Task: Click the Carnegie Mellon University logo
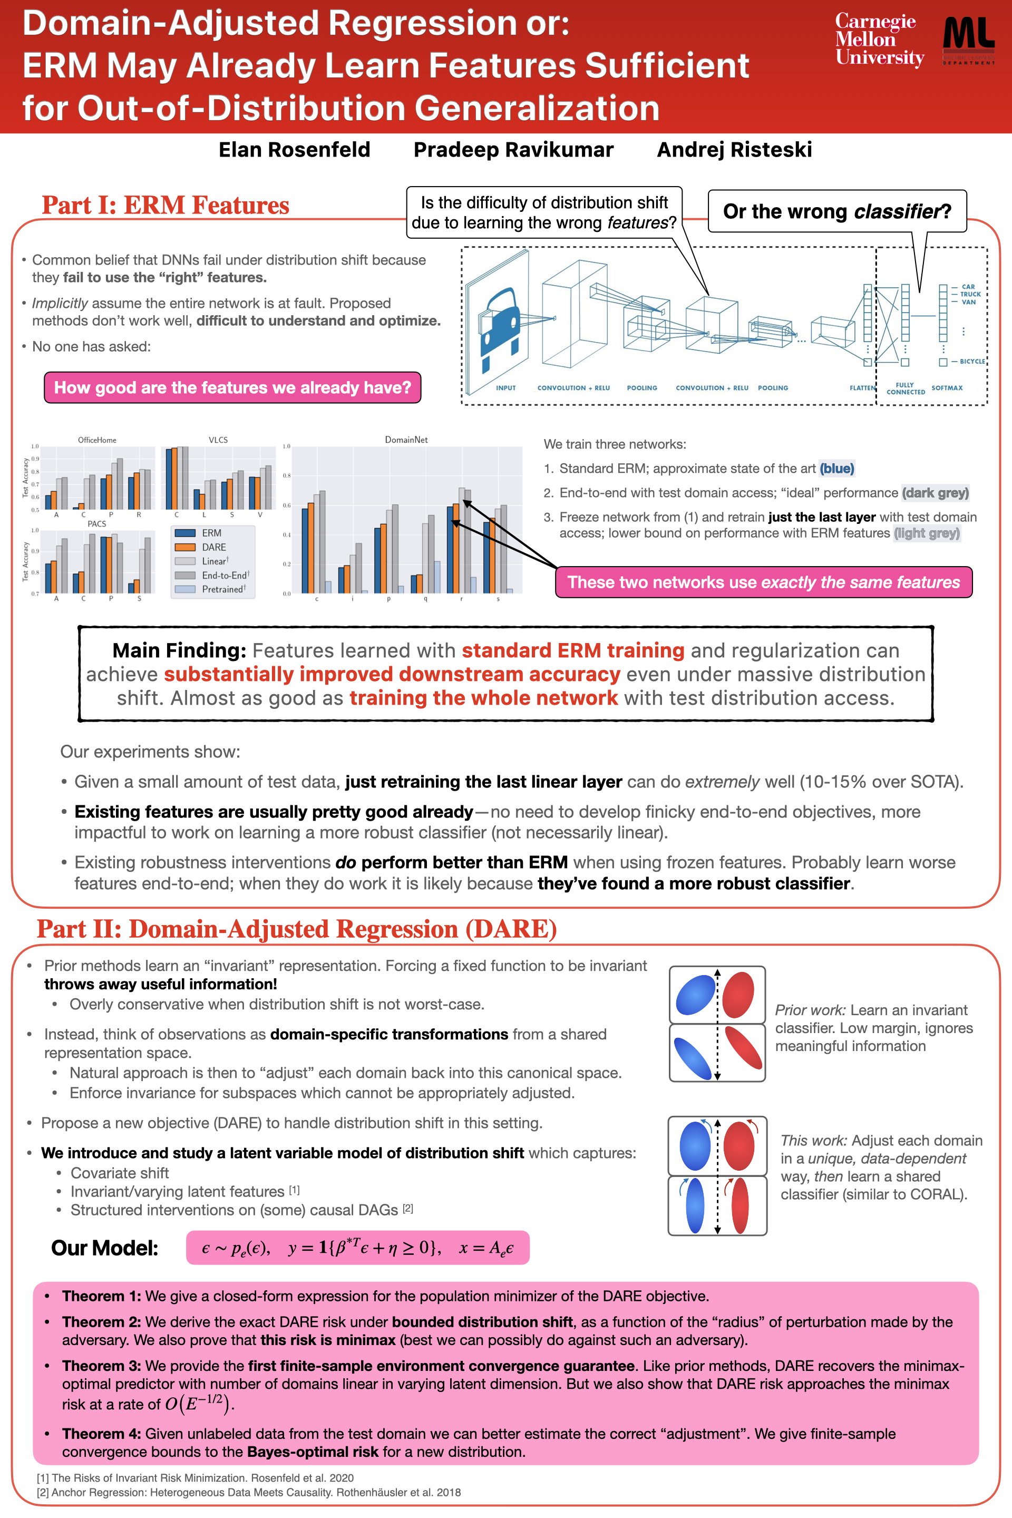[x=879, y=40]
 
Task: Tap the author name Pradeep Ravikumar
[x=513, y=150]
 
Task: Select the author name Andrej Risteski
[x=734, y=150]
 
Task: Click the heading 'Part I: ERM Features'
[x=165, y=205]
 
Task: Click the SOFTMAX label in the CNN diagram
[x=947, y=388]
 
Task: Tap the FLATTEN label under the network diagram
[x=862, y=388]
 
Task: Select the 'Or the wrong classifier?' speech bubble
[x=837, y=211]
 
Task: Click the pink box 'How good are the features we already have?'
[x=232, y=387]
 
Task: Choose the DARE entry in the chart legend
[x=213, y=547]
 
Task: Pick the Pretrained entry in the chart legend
[x=222, y=589]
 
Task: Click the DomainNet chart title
[x=406, y=440]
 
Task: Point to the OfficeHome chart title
[x=97, y=440]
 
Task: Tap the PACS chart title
[x=97, y=523]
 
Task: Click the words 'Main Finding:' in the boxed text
[x=179, y=650]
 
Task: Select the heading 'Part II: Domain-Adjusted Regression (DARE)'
[x=296, y=929]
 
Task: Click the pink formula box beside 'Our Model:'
[x=357, y=1248]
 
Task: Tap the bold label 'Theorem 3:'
[x=101, y=1366]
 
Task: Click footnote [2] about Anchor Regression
[x=248, y=1492]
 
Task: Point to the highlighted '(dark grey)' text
[x=935, y=493]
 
